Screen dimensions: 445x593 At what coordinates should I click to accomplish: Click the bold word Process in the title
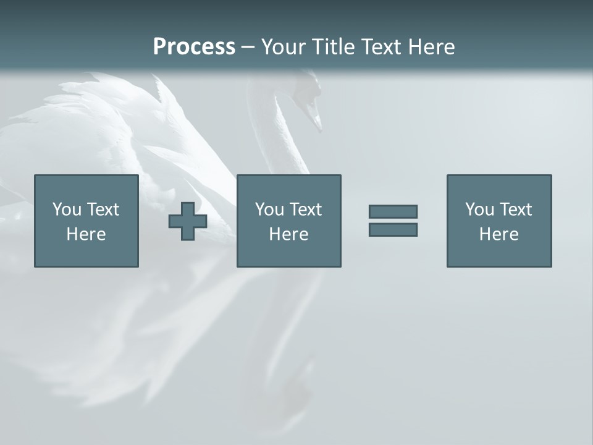(x=194, y=47)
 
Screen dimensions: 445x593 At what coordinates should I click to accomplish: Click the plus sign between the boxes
(x=188, y=221)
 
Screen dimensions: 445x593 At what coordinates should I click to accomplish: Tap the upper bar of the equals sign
(x=393, y=211)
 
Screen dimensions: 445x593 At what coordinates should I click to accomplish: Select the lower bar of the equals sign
(x=393, y=229)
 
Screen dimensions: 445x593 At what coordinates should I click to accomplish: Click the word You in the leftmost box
(x=67, y=210)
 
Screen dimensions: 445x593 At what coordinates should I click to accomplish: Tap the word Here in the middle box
(x=289, y=234)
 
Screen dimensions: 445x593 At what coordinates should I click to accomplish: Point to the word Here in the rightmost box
(x=499, y=234)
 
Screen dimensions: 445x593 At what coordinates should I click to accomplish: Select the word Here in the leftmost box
(x=86, y=234)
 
